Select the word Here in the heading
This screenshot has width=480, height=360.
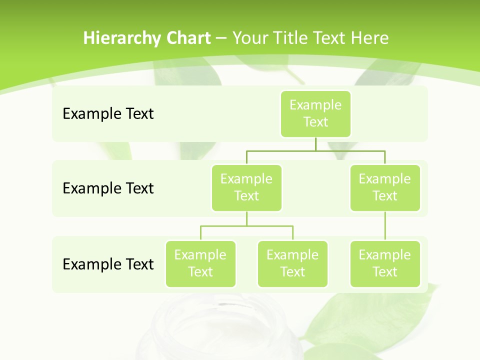pos(370,38)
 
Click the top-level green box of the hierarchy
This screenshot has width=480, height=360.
pos(315,114)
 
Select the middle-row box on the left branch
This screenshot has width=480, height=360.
pos(246,187)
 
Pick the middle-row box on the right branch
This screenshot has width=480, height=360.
pos(385,187)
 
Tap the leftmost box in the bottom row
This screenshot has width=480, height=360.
pos(200,263)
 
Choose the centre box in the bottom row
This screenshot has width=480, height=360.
pos(292,263)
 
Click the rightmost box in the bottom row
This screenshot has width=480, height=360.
pos(385,263)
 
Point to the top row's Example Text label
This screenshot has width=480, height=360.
pos(108,114)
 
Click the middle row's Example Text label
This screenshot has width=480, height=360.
pos(108,188)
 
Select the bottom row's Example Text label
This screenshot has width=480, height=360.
pos(108,264)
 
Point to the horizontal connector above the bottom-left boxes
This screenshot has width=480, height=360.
pos(246,226)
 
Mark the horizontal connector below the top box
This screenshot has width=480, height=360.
pos(315,150)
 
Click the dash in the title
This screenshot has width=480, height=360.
pos(221,38)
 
